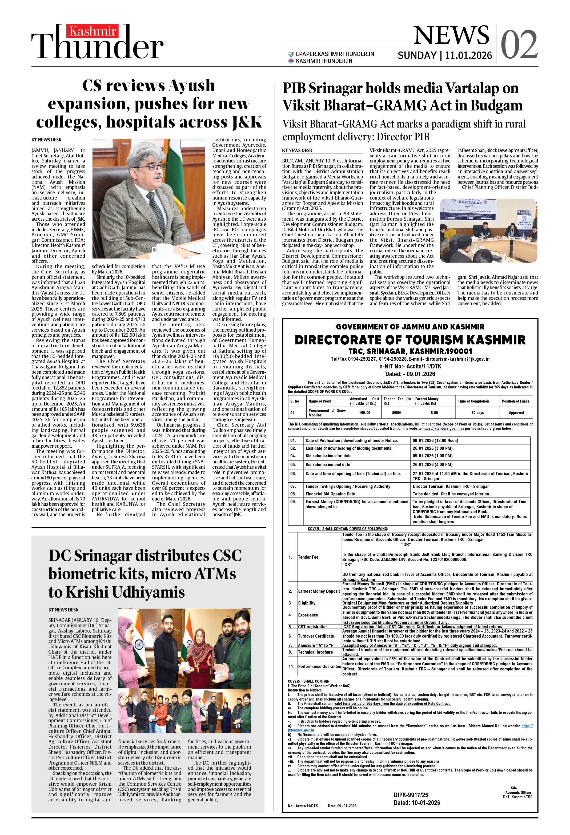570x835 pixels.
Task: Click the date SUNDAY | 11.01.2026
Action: pyautogui.click(x=445, y=55)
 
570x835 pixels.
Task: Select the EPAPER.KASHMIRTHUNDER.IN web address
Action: pyautogui.click(x=335, y=54)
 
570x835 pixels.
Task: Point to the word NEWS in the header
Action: pyautogui.click(x=451, y=35)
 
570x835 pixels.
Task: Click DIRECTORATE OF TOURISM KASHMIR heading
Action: pyautogui.click(x=410, y=340)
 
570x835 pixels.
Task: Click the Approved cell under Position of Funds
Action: pyautogui.click(x=516, y=412)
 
